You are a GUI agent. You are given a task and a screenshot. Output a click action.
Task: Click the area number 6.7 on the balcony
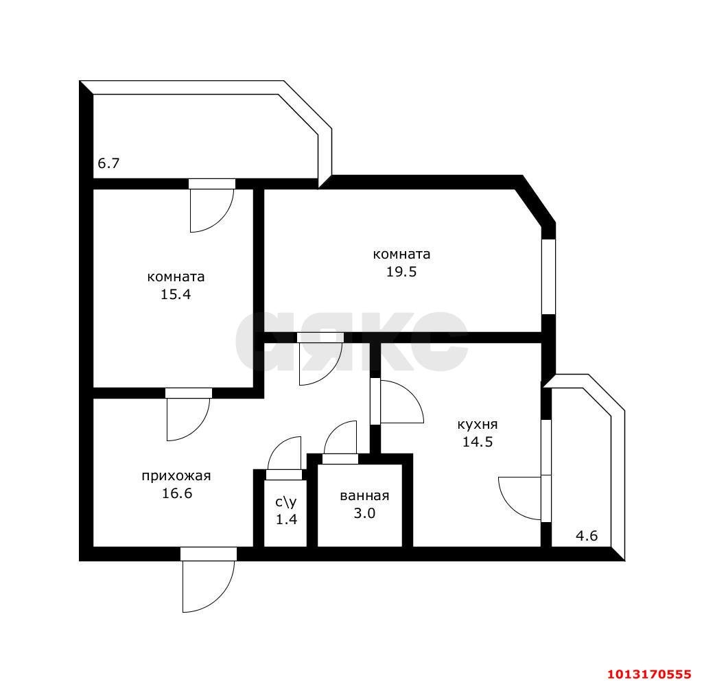click(x=108, y=163)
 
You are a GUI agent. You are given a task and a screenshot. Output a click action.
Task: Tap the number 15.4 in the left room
click(x=176, y=294)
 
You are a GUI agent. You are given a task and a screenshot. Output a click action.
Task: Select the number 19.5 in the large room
click(x=402, y=272)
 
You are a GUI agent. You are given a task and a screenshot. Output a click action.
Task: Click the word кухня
click(x=478, y=425)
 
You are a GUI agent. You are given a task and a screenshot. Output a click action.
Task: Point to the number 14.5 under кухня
click(x=478, y=442)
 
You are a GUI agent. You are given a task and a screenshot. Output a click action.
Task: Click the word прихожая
click(x=176, y=476)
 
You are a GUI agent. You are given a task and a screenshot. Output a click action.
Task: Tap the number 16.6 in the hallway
click(x=177, y=493)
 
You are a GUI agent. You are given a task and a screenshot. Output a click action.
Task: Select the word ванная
click(x=364, y=496)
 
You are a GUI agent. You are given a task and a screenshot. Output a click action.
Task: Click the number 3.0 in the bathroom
click(x=364, y=513)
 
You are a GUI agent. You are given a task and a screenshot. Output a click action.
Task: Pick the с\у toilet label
click(x=286, y=502)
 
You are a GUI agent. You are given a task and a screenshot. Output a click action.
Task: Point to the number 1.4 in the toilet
click(x=286, y=519)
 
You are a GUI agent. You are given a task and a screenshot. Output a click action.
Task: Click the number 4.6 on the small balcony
click(x=587, y=535)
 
